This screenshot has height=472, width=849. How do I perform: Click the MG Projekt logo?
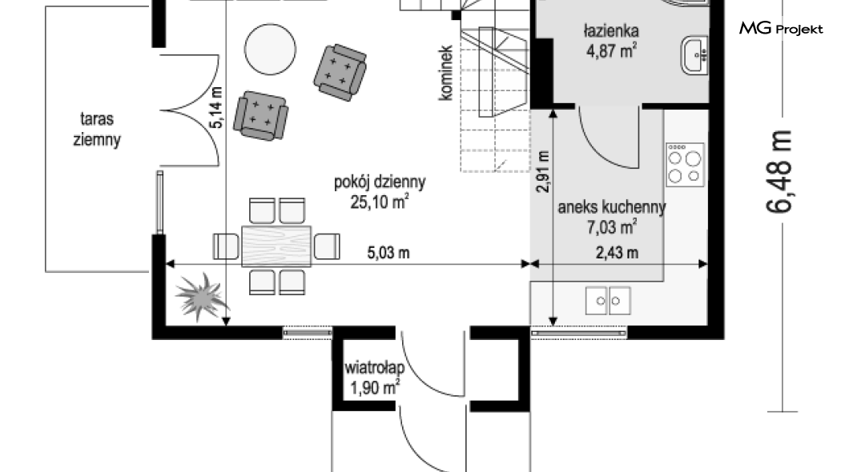(x=781, y=28)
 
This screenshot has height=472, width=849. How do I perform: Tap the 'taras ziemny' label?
(x=97, y=130)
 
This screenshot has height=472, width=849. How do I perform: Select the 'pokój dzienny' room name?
(x=380, y=182)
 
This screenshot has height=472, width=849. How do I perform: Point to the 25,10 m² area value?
(x=380, y=202)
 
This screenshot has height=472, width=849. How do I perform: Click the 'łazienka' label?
(x=611, y=30)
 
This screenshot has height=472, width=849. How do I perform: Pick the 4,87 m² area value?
(x=611, y=51)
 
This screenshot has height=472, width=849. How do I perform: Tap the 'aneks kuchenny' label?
(x=612, y=207)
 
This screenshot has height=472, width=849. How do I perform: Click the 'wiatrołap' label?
(x=375, y=368)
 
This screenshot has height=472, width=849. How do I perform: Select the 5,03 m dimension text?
(x=388, y=253)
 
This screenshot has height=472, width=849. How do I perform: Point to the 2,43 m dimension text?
(x=617, y=253)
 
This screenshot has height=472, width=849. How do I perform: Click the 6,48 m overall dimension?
(x=779, y=172)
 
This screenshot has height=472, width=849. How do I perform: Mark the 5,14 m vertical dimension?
(x=216, y=107)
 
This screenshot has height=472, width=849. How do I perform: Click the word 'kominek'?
(x=445, y=73)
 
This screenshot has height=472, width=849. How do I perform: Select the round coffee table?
(x=270, y=50)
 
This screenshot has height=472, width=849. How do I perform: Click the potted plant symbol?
(x=200, y=296)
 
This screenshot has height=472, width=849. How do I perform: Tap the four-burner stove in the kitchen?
(x=685, y=164)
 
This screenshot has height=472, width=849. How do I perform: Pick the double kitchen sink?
(x=608, y=301)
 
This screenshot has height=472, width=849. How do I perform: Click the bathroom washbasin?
(x=694, y=55)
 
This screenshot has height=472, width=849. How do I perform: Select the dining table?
(x=276, y=246)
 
